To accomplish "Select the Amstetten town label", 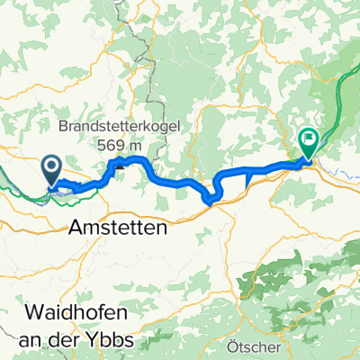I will [x=118, y=229].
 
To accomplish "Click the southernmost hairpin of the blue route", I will [x=211, y=200].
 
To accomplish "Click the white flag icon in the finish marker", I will [x=308, y=139].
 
